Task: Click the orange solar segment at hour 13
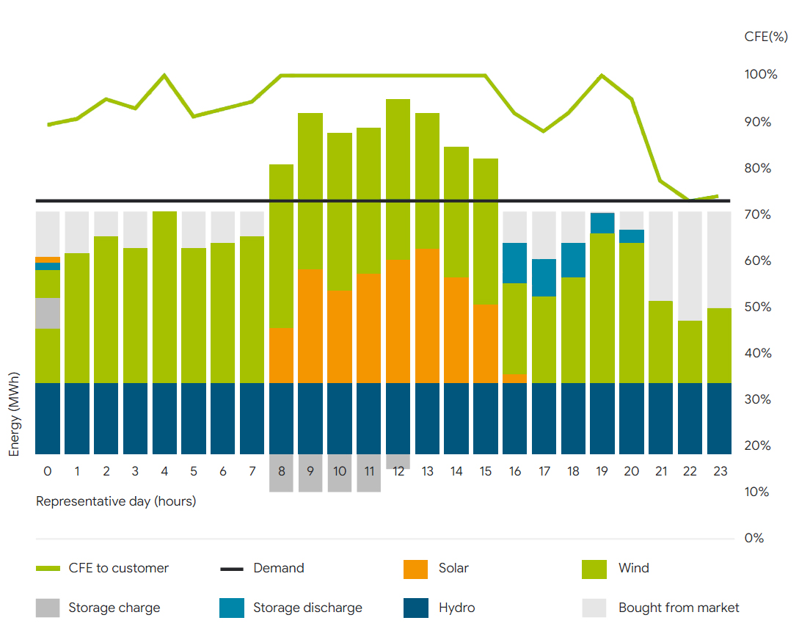428,316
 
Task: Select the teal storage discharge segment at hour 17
544,277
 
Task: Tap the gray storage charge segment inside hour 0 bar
48,313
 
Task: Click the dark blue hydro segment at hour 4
164,418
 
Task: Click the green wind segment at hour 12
398,179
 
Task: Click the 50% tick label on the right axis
758,307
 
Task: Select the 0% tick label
754,539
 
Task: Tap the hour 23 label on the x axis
720,471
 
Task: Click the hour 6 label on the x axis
223,471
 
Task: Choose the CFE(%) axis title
766,37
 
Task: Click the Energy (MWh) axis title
14,414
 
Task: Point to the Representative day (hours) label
116,502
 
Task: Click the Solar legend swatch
415,569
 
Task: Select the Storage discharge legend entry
307,608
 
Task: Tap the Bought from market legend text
679,608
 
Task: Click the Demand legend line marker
232,569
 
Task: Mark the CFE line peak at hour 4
164,75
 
